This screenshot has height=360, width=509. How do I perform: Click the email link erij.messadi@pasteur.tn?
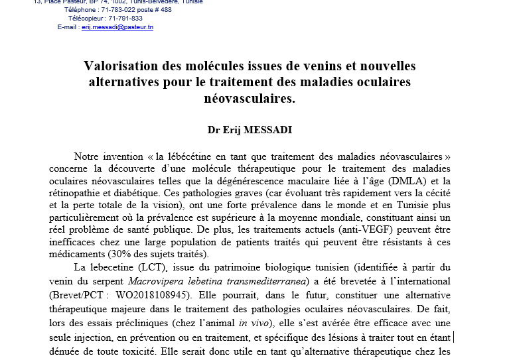click(x=117, y=27)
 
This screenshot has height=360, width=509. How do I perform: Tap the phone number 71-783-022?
click(x=117, y=10)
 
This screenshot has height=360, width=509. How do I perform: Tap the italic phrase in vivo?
click(x=252, y=323)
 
